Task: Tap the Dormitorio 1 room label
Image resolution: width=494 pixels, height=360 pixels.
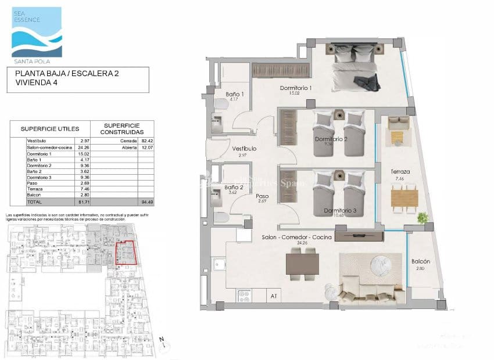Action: (296, 88)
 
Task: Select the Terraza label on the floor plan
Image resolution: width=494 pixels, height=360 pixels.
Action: (401, 172)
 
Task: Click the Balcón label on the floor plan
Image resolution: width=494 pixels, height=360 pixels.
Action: (420, 261)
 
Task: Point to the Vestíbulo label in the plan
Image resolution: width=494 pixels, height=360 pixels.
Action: (245, 149)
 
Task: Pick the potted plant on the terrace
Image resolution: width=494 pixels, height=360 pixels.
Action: (423, 218)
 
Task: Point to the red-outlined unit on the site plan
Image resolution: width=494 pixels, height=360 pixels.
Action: (125, 253)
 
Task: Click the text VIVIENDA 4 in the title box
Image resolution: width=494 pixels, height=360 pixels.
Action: (38, 83)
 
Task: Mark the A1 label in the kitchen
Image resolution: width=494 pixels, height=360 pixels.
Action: (273, 296)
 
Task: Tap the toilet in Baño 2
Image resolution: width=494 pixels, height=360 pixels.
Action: (221, 217)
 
